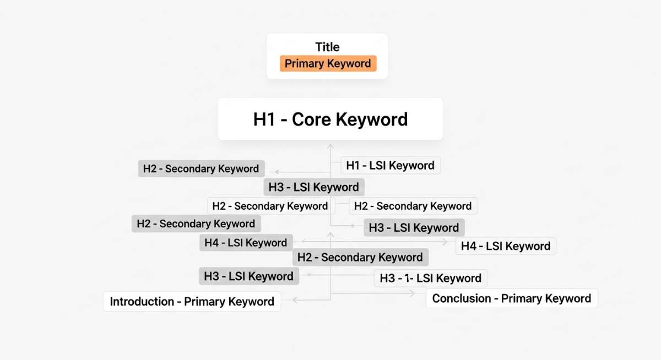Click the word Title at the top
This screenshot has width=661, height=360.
click(327, 47)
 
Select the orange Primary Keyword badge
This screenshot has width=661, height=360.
click(328, 63)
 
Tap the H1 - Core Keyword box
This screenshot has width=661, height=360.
click(330, 119)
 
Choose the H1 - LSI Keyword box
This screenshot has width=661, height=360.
click(391, 165)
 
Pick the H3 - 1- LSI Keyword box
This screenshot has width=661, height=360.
click(431, 278)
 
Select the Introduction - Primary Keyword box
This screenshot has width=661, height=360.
click(192, 301)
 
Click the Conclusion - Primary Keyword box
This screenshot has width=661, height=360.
click(512, 298)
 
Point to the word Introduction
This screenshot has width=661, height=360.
click(142, 301)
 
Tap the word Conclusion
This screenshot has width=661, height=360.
click(462, 298)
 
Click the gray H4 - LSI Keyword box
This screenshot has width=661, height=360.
click(246, 243)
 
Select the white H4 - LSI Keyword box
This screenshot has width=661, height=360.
click(506, 246)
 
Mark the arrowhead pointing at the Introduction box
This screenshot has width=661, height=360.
click(295, 300)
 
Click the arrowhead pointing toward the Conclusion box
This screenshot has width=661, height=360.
click(412, 293)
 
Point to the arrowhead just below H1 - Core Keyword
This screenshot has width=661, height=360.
click(330, 146)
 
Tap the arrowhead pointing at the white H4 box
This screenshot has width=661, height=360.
click(445, 242)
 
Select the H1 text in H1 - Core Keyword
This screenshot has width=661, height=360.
click(264, 119)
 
